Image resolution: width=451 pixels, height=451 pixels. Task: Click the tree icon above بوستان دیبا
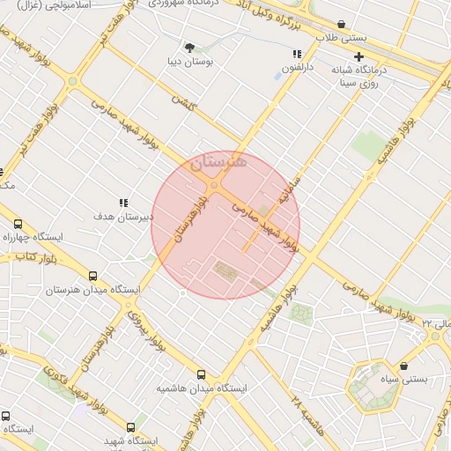[x=189, y=47]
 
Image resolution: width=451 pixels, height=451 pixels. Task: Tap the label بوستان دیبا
[x=186, y=63]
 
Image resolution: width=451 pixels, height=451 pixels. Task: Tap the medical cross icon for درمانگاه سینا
[x=359, y=57]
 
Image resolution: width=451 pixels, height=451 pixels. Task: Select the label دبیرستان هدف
[x=124, y=216]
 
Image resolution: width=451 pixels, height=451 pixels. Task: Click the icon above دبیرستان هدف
[x=124, y=203]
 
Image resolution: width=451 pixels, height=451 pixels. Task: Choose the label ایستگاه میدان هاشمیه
[x=202, y=388]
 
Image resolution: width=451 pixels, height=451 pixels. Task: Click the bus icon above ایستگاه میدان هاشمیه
[x=202, y=374]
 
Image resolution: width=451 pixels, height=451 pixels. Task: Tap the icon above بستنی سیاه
[x=403, y=366]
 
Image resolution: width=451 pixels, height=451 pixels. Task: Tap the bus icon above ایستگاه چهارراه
[x=18, y=224]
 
